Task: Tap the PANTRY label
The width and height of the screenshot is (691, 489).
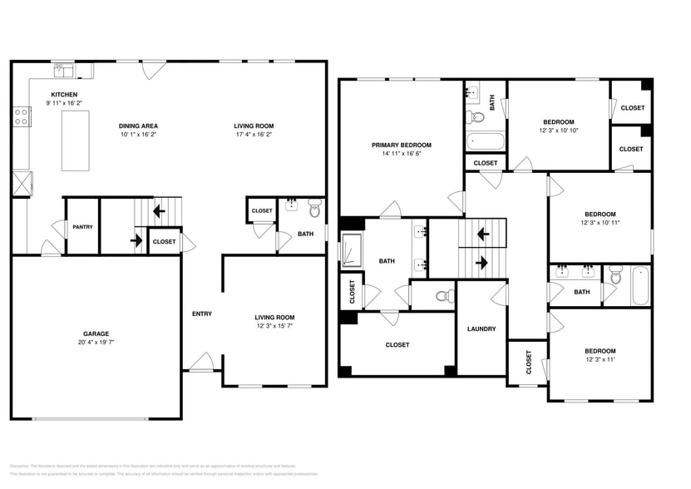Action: pyautogui.click(x=82, y=227)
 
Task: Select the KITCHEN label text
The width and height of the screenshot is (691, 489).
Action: pyautogui.click(x=64, y=94)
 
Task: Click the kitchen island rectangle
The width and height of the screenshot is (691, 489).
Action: pyautogui.click(x=76, y=140)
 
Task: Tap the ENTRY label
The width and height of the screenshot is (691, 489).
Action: pyautogui.click(x=201, y=314)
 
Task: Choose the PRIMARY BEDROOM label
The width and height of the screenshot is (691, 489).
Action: pyautogui.click(x=401, y=145)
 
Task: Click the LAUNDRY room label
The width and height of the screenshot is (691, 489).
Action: pyautogui.click(x=481, y=328)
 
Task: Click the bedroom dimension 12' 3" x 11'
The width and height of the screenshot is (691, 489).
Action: pyautogui.click(x=599, y=360)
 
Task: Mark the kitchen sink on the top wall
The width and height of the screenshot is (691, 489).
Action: pyautogui.click(x=64, y=69)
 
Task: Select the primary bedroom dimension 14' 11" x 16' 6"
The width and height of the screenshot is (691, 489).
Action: pyautogui.click(x=401, y=154)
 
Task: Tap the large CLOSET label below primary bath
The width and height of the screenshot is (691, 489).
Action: pyautogui.click(x=397, y=344)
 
